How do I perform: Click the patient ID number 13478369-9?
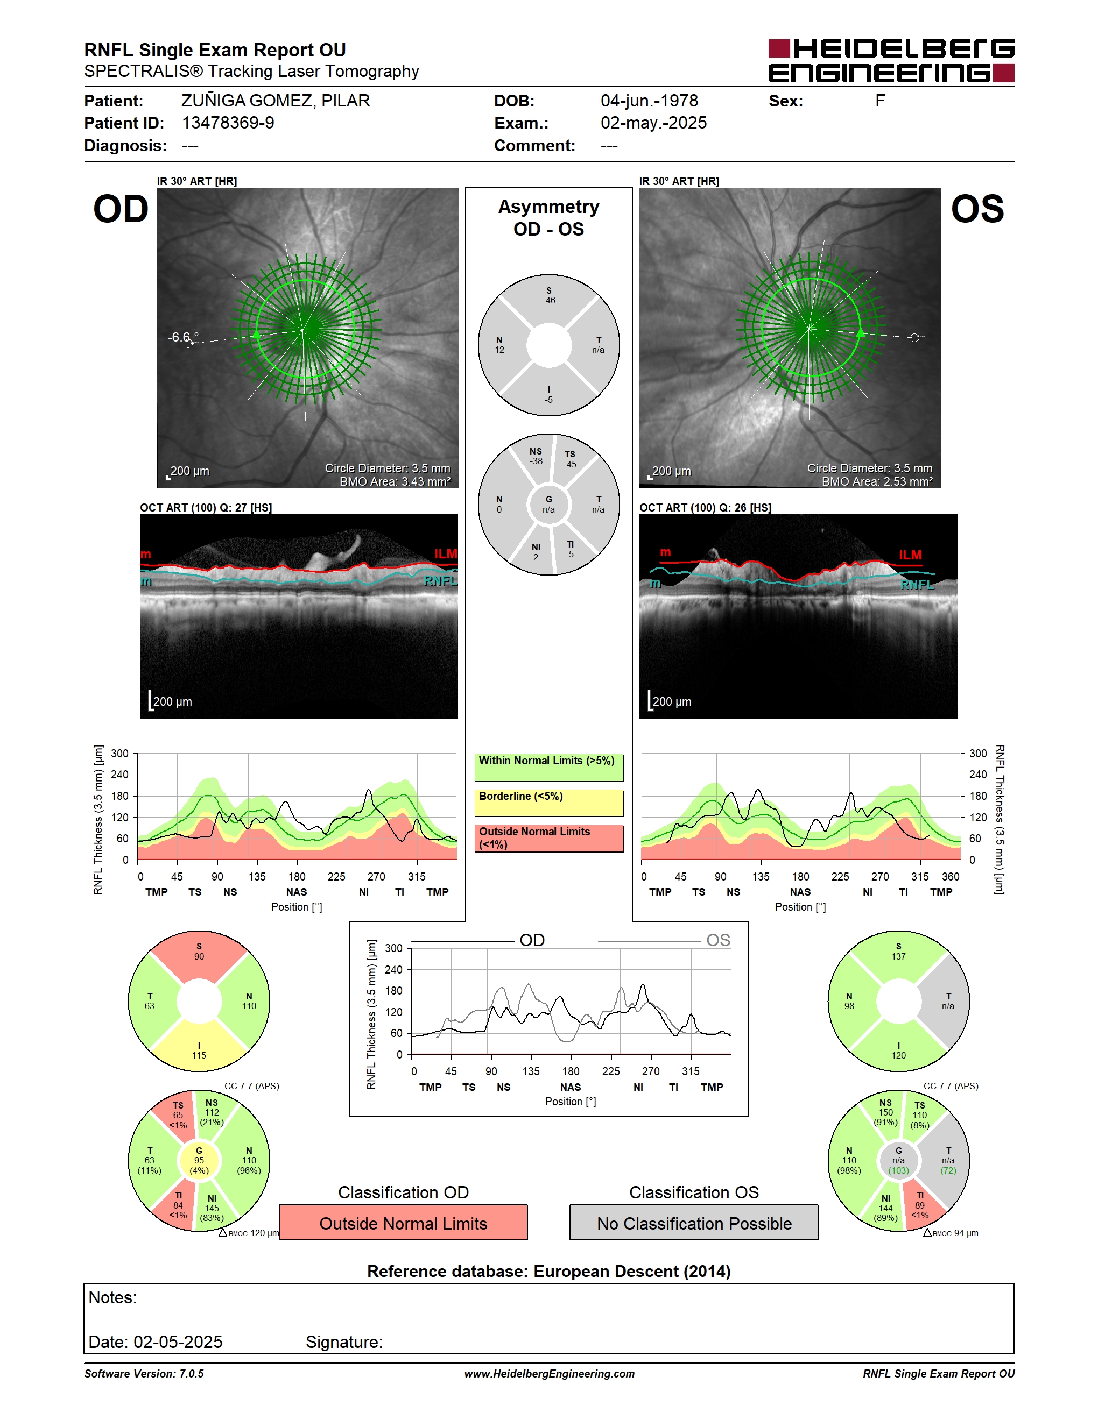point(228,123)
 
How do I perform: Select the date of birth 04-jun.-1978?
point(649,101)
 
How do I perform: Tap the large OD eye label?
point(121,209)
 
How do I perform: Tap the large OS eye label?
point(977,209)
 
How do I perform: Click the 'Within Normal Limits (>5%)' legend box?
point(549,767)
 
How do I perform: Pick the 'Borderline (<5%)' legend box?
point(549,803)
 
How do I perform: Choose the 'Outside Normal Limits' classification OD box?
point(403,1223)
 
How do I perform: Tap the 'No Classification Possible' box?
point(694,1223)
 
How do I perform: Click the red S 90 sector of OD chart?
point(199,953)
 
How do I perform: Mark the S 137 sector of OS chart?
point(898,953)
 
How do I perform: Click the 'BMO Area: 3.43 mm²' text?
point(395,482)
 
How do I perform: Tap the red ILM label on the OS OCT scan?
point(910,555)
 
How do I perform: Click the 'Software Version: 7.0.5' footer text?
point(144,1374)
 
